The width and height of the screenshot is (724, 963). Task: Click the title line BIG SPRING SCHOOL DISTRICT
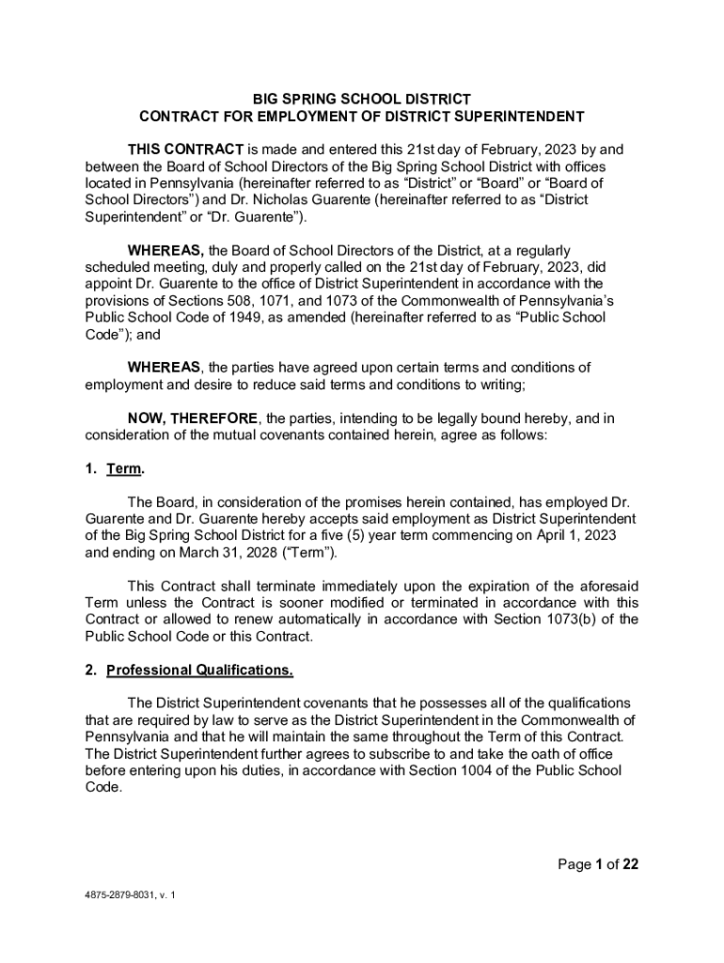361,99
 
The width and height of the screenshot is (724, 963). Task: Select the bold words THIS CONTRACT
185,150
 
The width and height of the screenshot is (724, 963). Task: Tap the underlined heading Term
124,468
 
